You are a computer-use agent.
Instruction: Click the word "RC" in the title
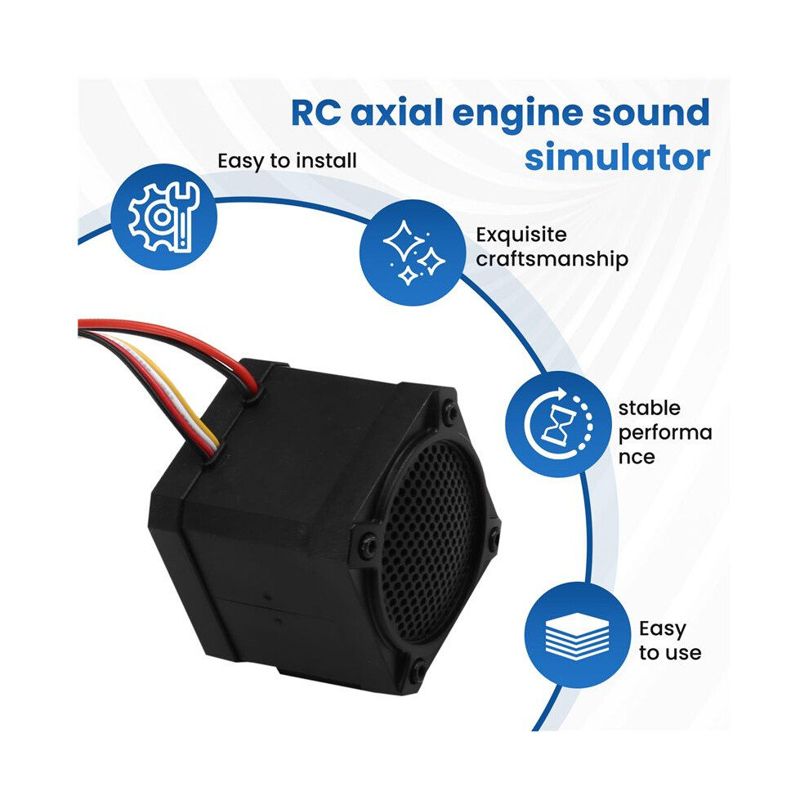[315, 113]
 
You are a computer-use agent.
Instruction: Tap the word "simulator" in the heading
[617, 157]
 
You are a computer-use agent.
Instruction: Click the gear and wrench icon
[164, 217]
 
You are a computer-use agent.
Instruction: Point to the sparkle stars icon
[413, 253]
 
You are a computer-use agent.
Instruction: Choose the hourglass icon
[559, 424]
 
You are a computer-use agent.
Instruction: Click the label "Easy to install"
[287, 161]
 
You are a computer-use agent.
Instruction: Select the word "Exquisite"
[521, 235]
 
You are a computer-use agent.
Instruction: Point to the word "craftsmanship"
[552, 259]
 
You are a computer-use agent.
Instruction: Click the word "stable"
[649, 408]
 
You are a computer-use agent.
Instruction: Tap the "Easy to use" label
[670, 641]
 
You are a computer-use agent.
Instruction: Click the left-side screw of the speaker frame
[368, 543]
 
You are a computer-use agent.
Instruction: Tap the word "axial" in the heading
[396, 113]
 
